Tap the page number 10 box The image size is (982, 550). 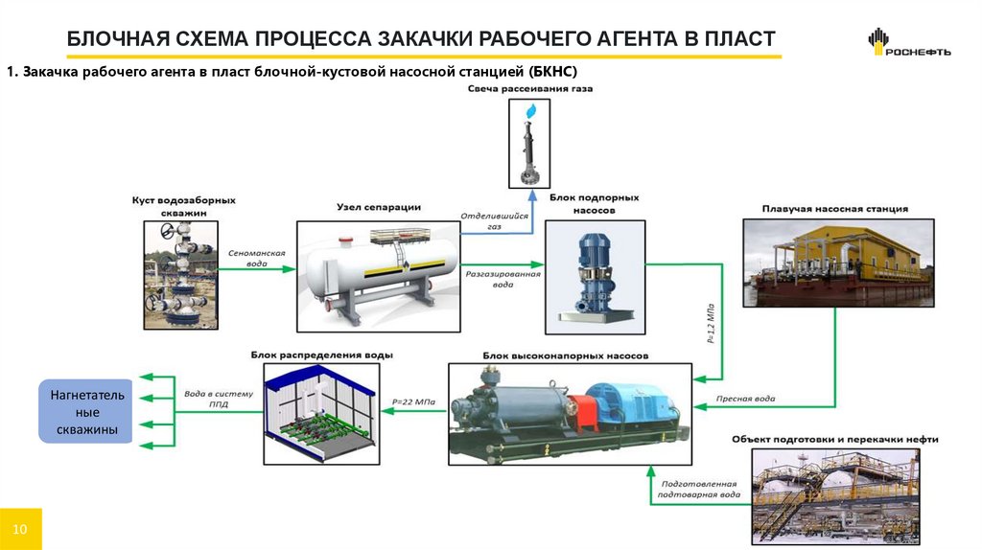(x=21, y=530)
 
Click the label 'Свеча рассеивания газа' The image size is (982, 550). (x=529, y=88)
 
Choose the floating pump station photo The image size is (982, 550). (x=838, y=262)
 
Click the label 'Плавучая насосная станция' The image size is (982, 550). (x=834, y=208)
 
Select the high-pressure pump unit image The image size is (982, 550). (x=570, y=414)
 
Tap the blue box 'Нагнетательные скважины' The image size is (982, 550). (x=84, y=410)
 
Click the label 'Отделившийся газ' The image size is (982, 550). (x=496, y=221)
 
